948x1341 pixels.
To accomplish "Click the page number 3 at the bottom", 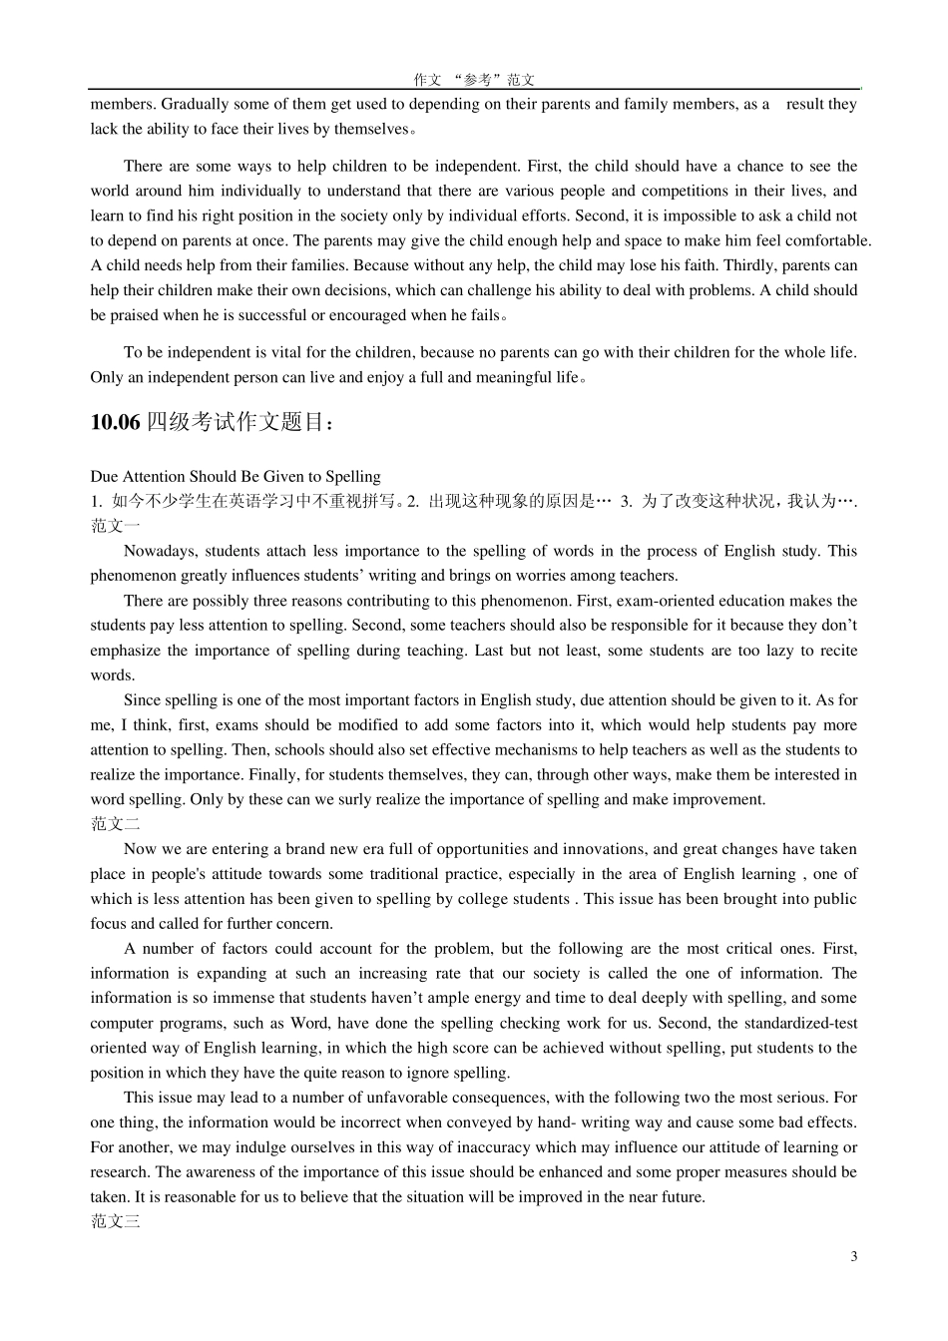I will click(x=853, y=1256).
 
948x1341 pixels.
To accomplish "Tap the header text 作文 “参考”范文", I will click(x=474, y=80).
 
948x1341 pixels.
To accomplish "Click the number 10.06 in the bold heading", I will click(x=115, y=422).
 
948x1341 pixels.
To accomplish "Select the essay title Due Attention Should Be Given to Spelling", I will click(x=236, y=476).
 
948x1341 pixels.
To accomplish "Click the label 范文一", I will click(x=115, y=526).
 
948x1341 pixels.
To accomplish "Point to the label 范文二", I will click(x=115, y=824).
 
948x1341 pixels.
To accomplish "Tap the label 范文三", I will click(x=115, y=1221).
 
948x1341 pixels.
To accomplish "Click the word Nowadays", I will click(x=157, y=551).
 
